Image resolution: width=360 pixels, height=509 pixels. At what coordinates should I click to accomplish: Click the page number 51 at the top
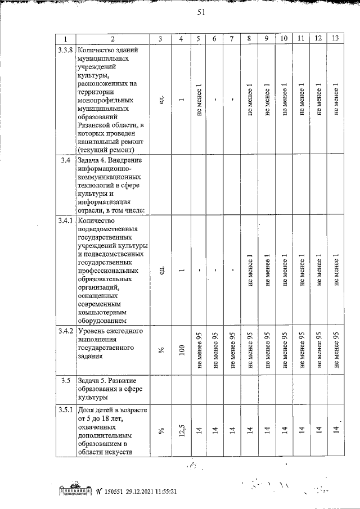200,15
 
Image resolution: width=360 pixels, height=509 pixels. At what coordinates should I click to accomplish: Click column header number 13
335,38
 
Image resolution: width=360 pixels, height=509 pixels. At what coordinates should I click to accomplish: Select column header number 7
232,38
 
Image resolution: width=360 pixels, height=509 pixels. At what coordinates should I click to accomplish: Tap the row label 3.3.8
66,49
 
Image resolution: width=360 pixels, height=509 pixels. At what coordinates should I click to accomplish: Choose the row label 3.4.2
66,331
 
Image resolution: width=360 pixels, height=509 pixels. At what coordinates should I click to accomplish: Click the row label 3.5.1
66,409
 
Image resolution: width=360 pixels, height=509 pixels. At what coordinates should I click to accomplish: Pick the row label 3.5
66,381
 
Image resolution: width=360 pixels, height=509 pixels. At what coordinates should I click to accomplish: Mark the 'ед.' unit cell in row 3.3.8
161,99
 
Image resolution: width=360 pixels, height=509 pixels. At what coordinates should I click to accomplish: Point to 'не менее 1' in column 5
199,99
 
